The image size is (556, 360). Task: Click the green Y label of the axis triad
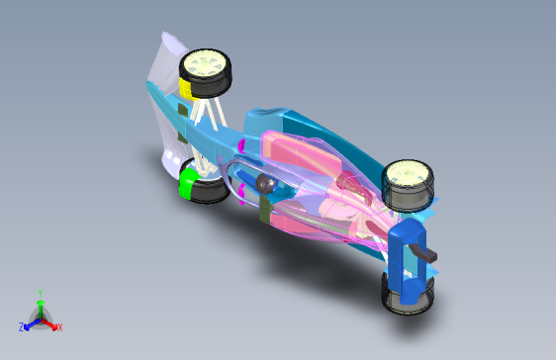40,293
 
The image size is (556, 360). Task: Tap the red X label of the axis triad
59,327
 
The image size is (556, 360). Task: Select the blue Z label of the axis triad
22,327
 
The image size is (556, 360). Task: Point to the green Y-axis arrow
40,306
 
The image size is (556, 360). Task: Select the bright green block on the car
185,183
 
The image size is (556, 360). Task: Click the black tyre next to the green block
208,190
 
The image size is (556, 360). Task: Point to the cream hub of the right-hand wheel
407,177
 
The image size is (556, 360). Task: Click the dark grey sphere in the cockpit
264,184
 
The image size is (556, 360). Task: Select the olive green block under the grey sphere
264,209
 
